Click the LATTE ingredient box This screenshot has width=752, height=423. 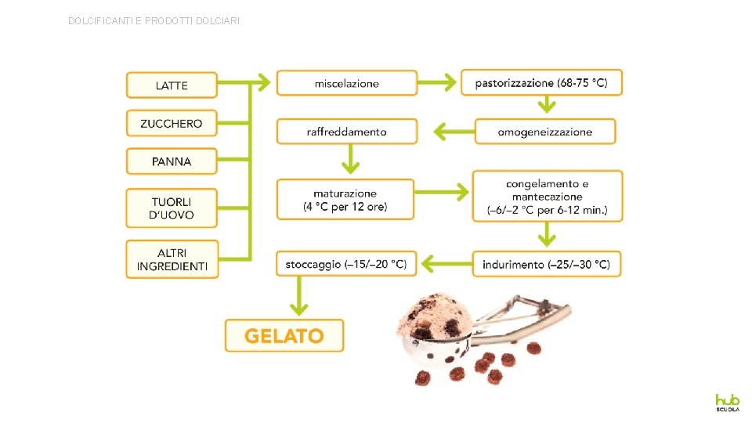[172, 85]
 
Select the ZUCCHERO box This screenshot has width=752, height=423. [172, 123]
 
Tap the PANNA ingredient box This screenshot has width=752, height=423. [172, 161]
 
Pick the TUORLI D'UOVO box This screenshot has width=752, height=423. [172, 208]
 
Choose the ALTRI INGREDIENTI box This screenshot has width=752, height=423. [172, 259]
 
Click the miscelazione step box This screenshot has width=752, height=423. [346, 83]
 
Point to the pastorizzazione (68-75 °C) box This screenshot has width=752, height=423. [541, 82]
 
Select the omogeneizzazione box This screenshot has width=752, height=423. [544, 132]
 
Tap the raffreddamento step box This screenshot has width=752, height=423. [346, 132]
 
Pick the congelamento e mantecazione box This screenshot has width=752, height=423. [547, 197]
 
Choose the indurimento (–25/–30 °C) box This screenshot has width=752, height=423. [546, 265]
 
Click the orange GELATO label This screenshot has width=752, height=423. [284, 336]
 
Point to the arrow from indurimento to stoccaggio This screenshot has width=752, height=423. [444, 265]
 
